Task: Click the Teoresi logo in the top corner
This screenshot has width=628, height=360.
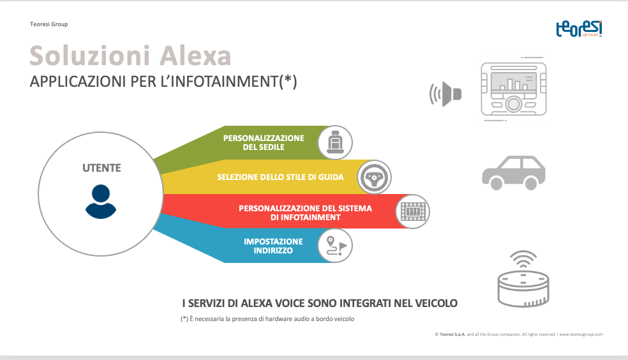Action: [x=579, y=29]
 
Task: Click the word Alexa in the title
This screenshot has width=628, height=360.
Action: [x=195, y=56]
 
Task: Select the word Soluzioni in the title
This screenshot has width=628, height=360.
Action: [x=90, y=56]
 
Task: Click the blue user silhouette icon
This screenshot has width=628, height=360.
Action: [x=101, y=202]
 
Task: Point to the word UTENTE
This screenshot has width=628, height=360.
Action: [x=101, y=168]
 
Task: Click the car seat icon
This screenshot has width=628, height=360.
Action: [x=335, y=142]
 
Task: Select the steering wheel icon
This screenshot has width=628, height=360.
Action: [x=374, y=177]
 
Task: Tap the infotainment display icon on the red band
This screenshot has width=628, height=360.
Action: [x=413, y=211]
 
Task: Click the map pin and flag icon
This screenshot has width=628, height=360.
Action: [x=336, y=246]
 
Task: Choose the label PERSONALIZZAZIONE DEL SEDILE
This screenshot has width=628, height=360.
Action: [x=264, y=142]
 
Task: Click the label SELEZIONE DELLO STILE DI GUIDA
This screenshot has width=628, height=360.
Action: [x=280, y=177]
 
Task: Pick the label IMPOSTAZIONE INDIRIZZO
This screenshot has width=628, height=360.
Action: [x=273, y=246]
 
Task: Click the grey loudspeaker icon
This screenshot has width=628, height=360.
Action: [x=445, y=94]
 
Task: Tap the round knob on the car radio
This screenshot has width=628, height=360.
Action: [x=513, y=104]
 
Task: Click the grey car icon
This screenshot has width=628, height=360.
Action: [x=514, y=172]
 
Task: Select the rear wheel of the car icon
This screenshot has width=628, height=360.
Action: [x=497, y=183]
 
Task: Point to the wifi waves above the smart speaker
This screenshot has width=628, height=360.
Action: [x=523, y=259]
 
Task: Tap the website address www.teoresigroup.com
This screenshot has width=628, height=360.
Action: [x=581, y=334]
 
